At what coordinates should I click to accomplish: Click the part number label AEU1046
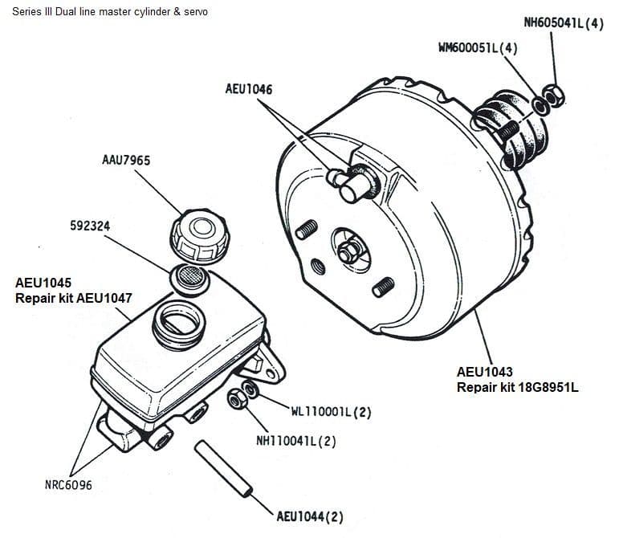coord(249,89)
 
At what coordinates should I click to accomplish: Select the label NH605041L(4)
coord(564,23)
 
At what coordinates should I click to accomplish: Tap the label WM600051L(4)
coord(478,48)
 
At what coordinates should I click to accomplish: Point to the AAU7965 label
coord(125,161)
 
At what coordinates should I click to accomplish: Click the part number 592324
coord(90,226)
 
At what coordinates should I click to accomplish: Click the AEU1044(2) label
coord(309,516)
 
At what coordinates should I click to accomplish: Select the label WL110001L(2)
coord(330,413)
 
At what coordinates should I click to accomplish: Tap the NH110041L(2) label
coord(295,440)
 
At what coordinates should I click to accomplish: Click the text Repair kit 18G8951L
coord(517,387)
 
